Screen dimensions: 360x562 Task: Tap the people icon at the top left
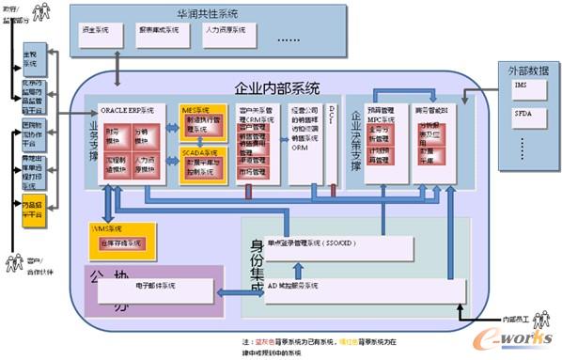point(41,13)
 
